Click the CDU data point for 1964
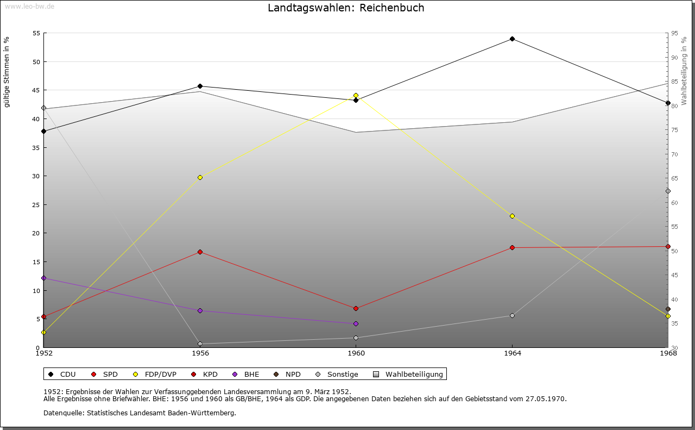click(x=512, y=39)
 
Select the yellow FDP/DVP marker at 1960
click(x=356, y=95)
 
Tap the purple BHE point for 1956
click(x=200, y=311)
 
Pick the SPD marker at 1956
click(x=200, y=252)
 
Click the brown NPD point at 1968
click(x=668, y=309)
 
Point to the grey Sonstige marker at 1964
click(x=512, y=316)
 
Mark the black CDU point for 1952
click(x=44, y=132)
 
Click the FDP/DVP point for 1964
click(x=512, y=216)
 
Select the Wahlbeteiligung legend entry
click(x=408, y=375)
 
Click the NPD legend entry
click(x=287, y=375)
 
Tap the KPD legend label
click(x=210, y=375)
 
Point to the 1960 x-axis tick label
click(x=356, y=353)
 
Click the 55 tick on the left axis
click(x=36, y=33)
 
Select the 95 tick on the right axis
click(x=674, y=33)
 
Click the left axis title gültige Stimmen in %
click(x=7, y=72)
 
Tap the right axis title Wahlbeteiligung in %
click(x=684, y=71)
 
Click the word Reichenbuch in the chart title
click(x=392, y=8)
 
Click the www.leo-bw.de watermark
click(x=29, y=6)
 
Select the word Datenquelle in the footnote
click(x=64, y=413)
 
